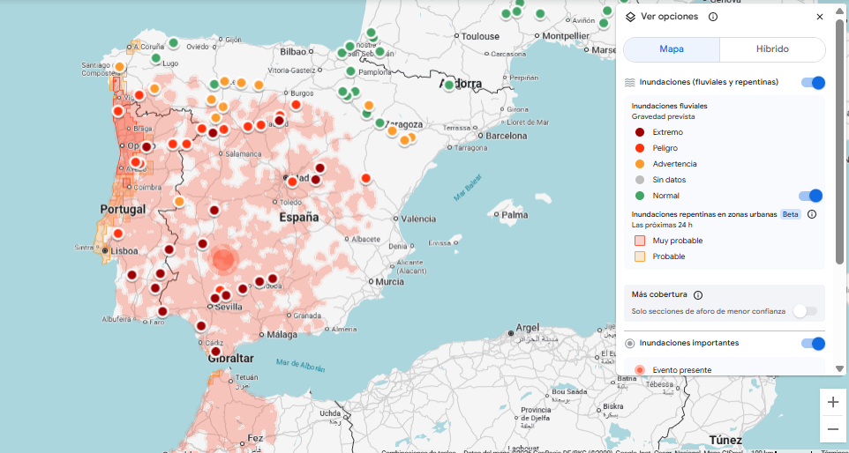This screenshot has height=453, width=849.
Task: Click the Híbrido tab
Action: tap(772, 49)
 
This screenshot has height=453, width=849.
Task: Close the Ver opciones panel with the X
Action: tap(820, 17)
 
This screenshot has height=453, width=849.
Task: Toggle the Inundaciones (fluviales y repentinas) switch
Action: tap(813, 83)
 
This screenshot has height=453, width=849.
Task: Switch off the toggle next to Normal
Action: tap(810, 196)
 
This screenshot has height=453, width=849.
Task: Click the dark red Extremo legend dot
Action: tap(640, 132)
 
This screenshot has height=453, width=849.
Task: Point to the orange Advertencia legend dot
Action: tap(640, 164)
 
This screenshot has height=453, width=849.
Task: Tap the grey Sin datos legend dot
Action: tap(640, 180)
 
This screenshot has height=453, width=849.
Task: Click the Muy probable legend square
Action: tap(640, 241)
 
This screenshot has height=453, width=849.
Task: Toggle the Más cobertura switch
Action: tap(804, 311)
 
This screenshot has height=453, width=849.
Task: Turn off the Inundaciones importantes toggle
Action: tap(813, 344)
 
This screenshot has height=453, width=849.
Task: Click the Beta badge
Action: tap(791, 214)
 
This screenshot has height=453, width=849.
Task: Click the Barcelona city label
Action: tap(507, 137)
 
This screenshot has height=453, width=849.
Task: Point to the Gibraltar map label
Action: tap(230, 359)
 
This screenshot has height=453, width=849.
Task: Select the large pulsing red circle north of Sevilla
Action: tap(224, 259)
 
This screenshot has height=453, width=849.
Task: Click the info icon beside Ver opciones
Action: tap(712, 17)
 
